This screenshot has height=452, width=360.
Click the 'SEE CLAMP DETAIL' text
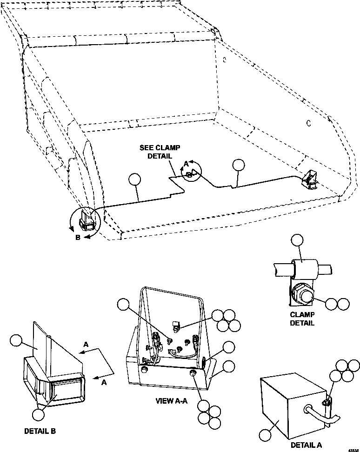point(156,152)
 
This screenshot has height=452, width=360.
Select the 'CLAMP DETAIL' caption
point(302,318)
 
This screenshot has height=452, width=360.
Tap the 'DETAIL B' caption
point(40,431)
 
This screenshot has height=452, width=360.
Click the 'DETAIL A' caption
point(306,445)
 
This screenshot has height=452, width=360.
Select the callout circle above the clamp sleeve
point(297,240)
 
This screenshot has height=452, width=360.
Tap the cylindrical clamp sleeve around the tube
point(304,268)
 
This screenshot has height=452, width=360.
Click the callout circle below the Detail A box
point(265,435)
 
